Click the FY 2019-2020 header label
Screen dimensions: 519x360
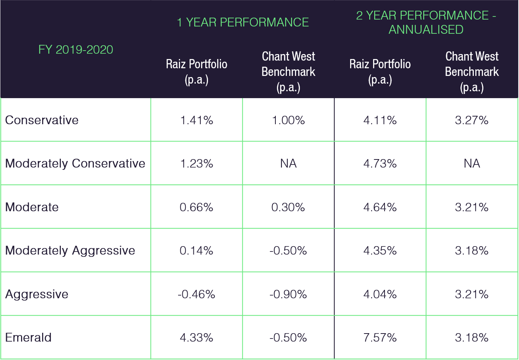(75, 49)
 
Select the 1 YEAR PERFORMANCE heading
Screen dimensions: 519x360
(242, 22)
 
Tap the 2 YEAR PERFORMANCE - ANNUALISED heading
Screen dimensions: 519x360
(426, 22)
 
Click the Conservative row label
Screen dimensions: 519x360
(42, 120)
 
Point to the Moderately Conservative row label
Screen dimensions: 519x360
(75, 163)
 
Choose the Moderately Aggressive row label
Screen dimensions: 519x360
(70, 250)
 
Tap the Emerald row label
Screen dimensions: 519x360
(28, 337)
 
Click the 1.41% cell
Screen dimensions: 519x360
(196, 120)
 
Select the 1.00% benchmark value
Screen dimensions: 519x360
(288, 120)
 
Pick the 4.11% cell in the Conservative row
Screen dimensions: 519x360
(380, 120)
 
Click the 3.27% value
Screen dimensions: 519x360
(472, 120)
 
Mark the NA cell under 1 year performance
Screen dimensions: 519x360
(288, 164)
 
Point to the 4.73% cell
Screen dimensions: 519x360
(380, 164)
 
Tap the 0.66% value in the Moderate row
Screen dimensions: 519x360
(196, 207)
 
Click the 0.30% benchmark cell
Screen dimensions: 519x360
(288, 207)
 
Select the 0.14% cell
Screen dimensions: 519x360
(196, 250)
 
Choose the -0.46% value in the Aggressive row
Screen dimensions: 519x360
(196, 294)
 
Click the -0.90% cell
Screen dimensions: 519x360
(288, 294)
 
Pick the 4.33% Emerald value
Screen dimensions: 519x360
(196, 337)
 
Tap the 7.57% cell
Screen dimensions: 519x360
(380, 337)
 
